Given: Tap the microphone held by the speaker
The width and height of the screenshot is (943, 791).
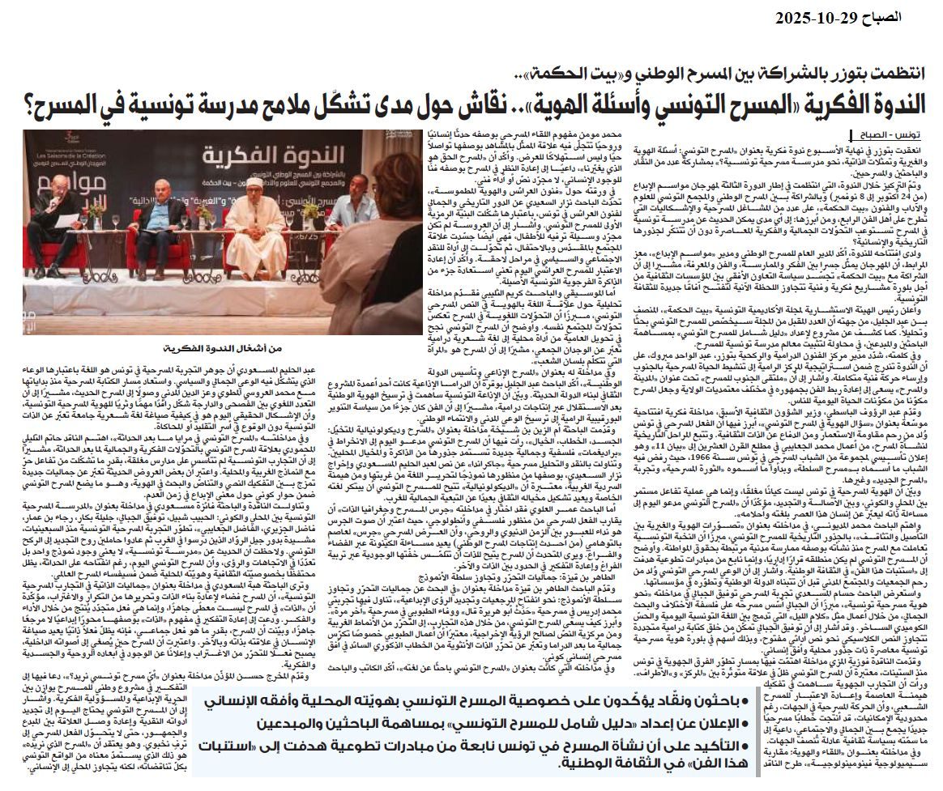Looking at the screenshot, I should (69, 202).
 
